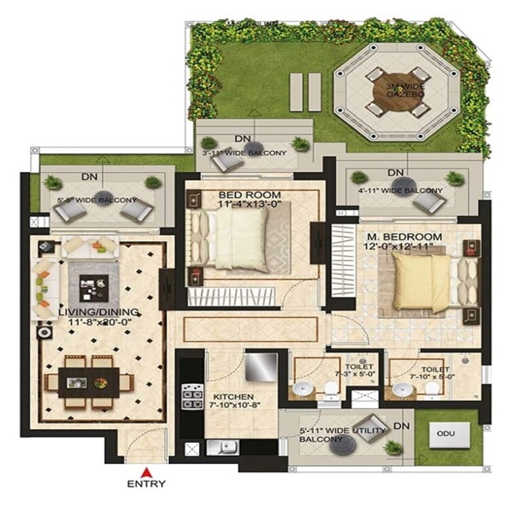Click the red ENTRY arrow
[145, 471]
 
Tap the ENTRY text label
[145, 484]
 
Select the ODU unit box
[445, 433]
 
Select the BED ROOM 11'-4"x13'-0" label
[249, 200]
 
